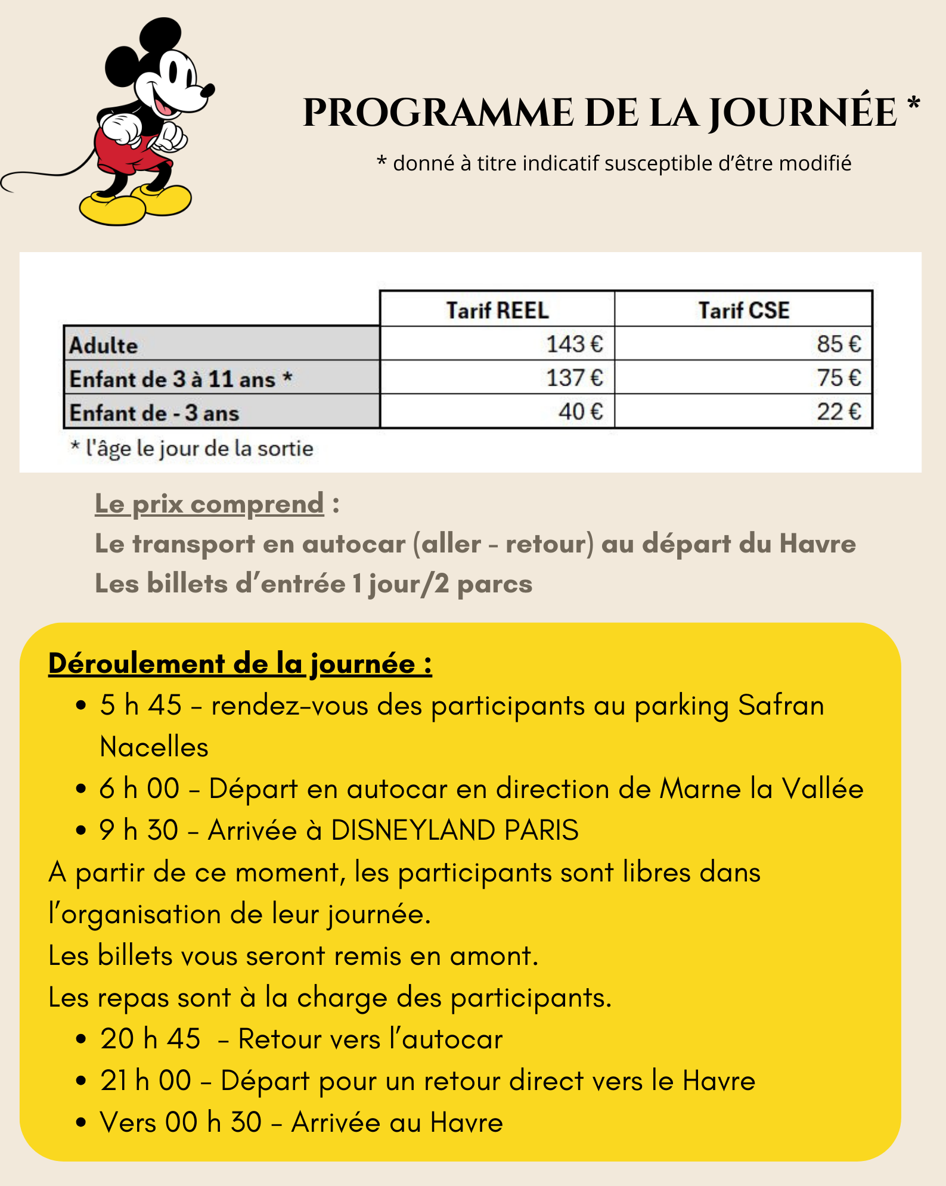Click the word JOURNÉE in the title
[802, 113]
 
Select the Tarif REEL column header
[497, 310]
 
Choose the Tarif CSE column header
[743, 310]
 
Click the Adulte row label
[104, 345]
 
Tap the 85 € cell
[838, 344]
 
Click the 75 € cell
[838, 378]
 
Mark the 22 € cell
[838, 412]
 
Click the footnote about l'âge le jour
[192, 448]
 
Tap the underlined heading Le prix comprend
[209, 504]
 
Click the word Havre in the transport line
[817, 544]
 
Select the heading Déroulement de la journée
[240, 663]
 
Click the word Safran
[780, 705]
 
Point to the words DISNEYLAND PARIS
[454, 830]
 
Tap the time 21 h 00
[145, 1081]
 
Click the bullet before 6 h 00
[82, 789]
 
